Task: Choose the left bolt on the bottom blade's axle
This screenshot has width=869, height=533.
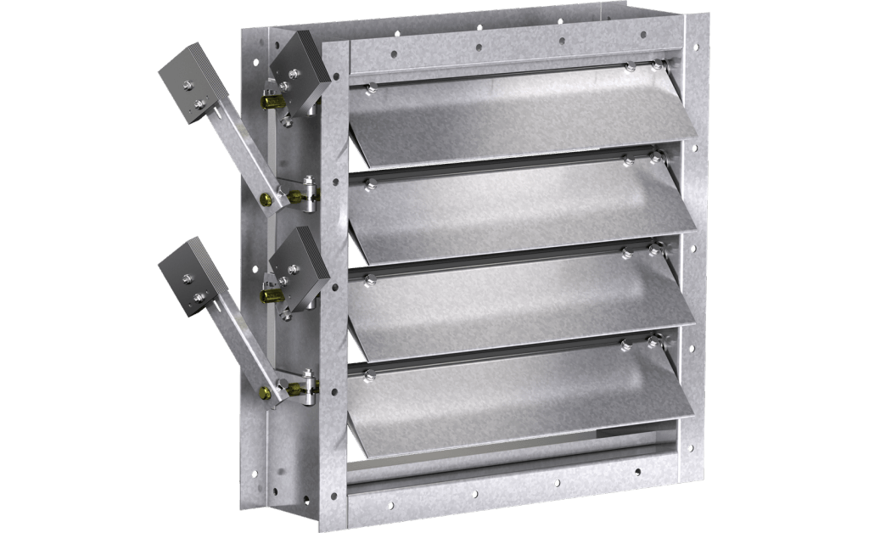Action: point(370,373)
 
